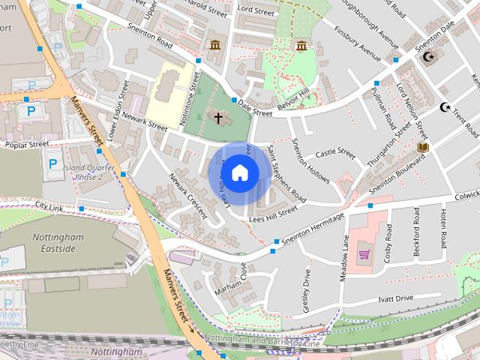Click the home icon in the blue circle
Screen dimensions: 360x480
click(239, 172)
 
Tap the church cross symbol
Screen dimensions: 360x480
click(218, 118)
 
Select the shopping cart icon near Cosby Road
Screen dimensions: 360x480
click(364, 254)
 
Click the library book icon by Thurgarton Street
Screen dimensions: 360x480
click(422, 147)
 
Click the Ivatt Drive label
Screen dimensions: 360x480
click(395, 298)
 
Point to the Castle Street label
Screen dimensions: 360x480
click(335, 154)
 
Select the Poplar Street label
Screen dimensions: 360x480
click(26, 143)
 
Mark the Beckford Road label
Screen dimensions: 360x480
click(417, 232)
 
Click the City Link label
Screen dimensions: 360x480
click(49, 206)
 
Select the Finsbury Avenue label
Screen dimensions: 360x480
click(358, 44)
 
